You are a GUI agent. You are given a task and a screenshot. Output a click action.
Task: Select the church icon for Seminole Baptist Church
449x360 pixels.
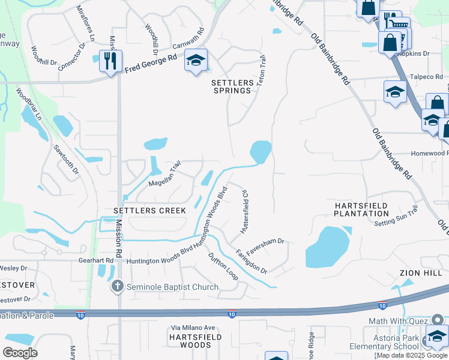(x=118, y=287)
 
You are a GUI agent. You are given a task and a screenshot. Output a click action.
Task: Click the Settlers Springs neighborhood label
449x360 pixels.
(x=231, y=85)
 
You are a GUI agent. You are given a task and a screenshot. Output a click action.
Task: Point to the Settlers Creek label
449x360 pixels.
(x=149, y=211)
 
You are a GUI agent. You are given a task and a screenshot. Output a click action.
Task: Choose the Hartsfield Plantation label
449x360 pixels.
(x=361, y=209)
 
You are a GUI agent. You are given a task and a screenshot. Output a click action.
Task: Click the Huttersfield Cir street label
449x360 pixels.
(x=244, y=213)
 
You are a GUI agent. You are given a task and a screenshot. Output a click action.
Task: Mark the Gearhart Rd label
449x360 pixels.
(x=96, y=260)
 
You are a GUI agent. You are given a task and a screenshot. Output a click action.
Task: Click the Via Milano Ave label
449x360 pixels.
(x=193, y=328)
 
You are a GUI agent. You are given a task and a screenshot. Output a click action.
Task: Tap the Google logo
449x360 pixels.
(x=20, y=353)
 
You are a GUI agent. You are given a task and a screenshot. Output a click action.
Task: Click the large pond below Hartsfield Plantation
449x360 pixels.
(x=327, y=247)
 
